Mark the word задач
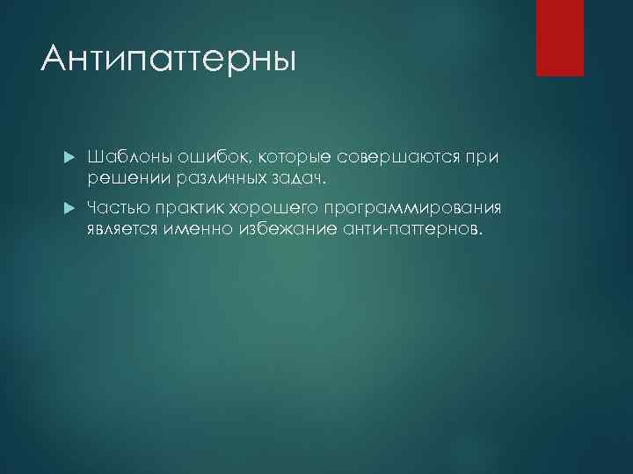pos(292,178)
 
